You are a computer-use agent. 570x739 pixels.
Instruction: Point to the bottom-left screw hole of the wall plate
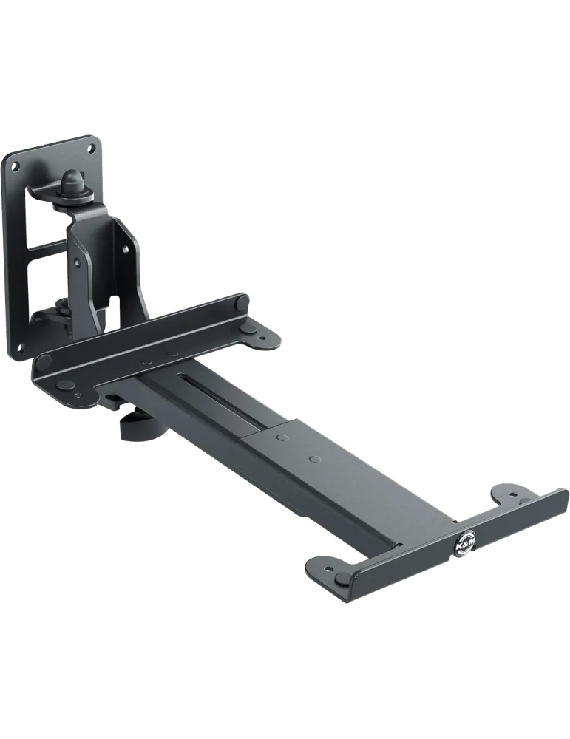click(x=20, y=348)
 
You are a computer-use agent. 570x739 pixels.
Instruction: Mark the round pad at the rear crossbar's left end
click(x=44, y=362)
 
